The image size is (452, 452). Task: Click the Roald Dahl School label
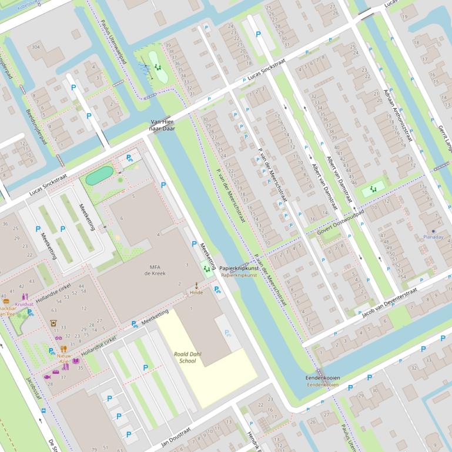coord(188,357)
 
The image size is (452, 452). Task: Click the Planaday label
coord(433,237)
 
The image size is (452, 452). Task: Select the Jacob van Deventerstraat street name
coord(391,302)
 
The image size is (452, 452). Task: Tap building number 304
coord(36,47)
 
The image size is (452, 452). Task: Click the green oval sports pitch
coord(99,175)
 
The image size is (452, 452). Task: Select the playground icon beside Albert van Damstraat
coord(373,189)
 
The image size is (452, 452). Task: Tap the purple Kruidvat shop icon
coord(25,297)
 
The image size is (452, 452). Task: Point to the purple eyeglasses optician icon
coord(58,338)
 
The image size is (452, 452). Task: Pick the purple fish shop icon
coord(48,376)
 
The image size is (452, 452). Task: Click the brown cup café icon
coord(53,322)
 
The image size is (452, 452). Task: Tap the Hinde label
coord(196,292)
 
